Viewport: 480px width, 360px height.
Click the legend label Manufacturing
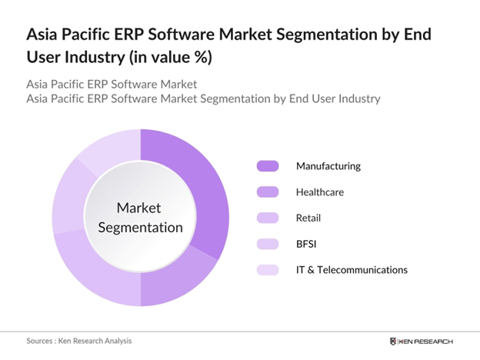[328, 166]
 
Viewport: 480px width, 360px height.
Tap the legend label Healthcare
[319, 192]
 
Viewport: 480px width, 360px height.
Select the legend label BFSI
[307, 244]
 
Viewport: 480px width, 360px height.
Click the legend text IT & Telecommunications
[352, 269]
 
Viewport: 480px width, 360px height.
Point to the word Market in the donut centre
[139, 208]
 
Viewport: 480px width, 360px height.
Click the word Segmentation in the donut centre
[139, 227]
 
